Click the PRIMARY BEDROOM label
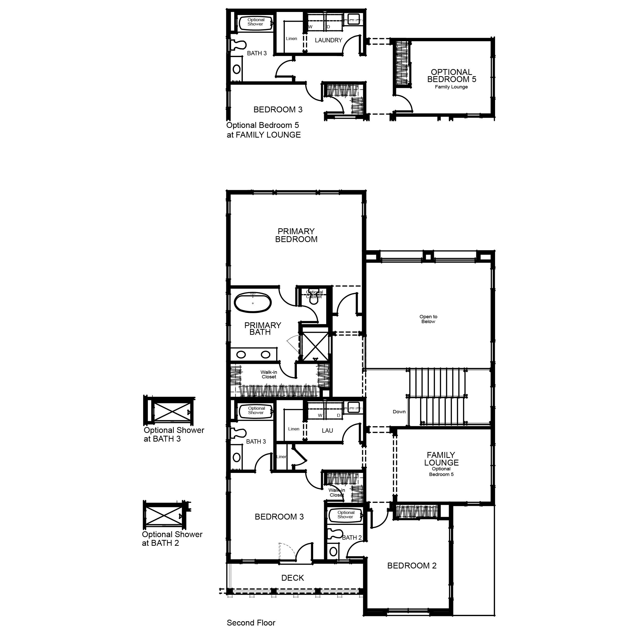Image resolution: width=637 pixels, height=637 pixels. [296, 235]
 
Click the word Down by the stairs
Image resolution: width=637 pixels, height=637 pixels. [399, 412]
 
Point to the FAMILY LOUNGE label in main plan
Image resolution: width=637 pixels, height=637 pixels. [441, 459]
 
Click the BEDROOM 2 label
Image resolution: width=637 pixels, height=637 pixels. [412, 566]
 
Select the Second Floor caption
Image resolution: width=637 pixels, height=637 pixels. [251, 623]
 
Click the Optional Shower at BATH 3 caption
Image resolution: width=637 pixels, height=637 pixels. [174, 434]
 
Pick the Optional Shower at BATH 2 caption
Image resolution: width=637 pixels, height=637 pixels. [172, 538]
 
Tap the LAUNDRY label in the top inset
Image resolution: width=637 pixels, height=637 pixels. [328, 40]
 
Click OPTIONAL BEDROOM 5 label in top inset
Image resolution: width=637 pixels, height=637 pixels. [451, 76]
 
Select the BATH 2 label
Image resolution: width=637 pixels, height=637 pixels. [352, 537]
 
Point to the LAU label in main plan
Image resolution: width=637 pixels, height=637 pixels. [327, 431]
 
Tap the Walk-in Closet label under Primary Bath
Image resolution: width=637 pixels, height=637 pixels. [269, 375]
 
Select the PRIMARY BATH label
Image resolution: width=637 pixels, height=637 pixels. [262, 329]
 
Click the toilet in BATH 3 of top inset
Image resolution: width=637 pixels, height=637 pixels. [238, 45]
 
